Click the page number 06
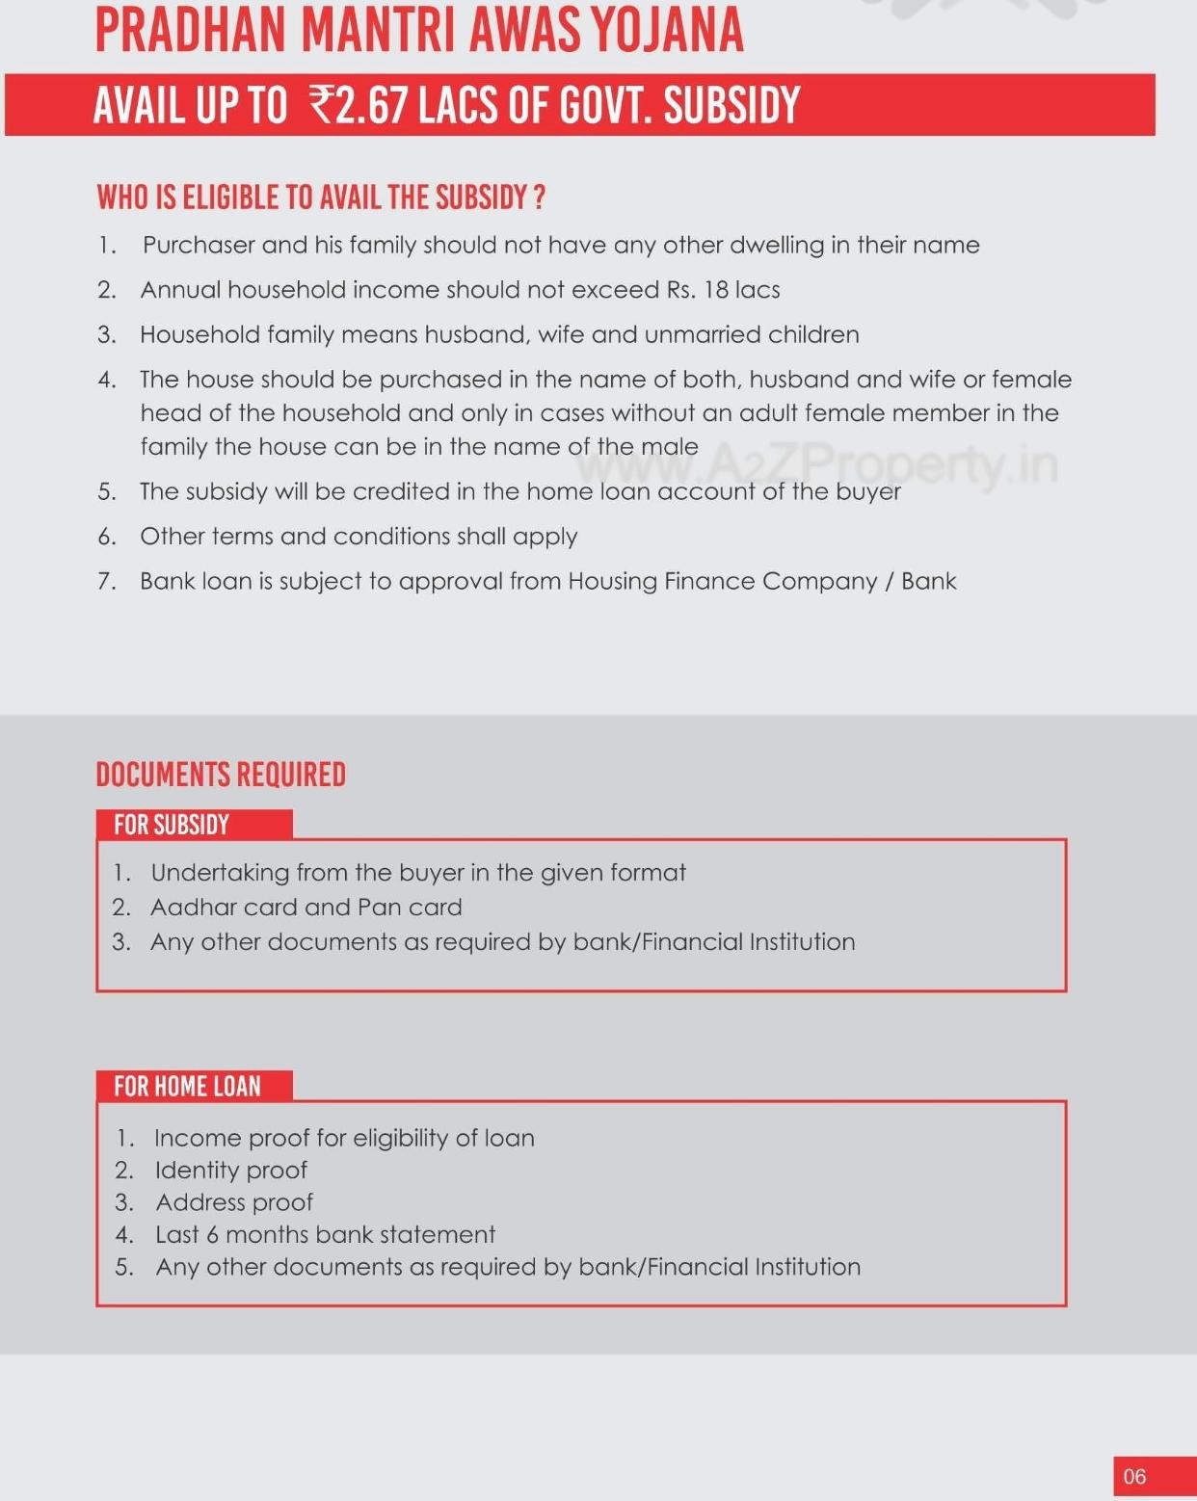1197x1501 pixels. pyautogui.click(x=1134, y=1476)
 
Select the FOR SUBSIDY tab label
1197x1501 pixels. pyautogui.click(x=172, y=825)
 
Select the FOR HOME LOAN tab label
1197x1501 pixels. pyautogui.click(x=187, y=1086)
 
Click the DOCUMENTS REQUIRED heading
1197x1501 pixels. pyautogui.click(x=221, y=775)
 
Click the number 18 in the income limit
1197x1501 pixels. pyautogui.click(x=716, y=290)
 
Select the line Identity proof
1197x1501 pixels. pyautogui.click(x=230, y=1171)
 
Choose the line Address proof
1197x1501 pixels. pyautogui.click(x=234, y=1202)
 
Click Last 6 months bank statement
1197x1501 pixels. pyautogui.click(x=325, y=1235)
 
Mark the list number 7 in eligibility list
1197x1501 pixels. pyautogui.click(x=106, y=582)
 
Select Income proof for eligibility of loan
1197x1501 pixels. pyautogui.click(x=344, y=1138)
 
